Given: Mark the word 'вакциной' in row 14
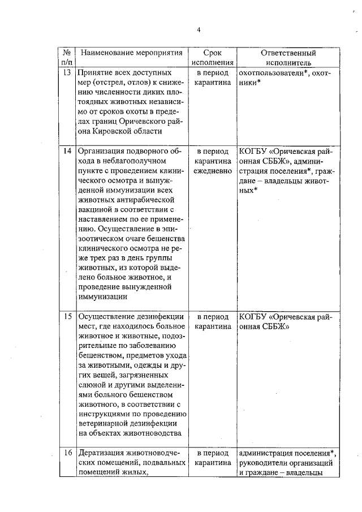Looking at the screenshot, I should (x=96, y=213).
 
